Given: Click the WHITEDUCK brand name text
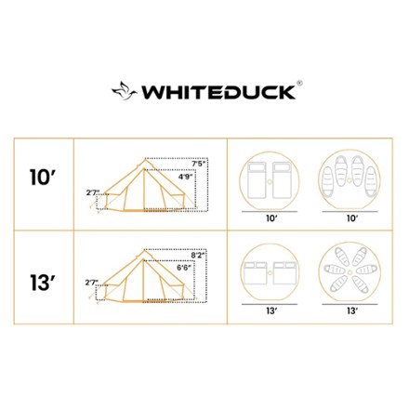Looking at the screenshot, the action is pos(218,92).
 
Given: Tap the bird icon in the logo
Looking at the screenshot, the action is pos(125,90).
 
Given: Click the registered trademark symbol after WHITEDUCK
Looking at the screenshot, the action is pos(299,83).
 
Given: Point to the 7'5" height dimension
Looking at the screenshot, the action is pos(199,164).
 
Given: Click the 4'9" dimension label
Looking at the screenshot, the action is pos(185,177).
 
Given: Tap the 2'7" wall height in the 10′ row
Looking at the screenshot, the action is pos(92,192).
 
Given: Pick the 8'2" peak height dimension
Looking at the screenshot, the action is pos(198,256).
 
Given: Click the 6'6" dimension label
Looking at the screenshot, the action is pos(184,268).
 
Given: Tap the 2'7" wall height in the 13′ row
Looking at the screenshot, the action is pos(91,283).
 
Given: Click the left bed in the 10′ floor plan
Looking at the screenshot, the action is pos(257,181).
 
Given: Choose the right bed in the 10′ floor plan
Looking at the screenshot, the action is pos(282,181).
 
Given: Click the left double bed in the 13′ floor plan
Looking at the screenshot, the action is pos(256,273).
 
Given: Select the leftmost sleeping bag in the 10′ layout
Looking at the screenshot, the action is pos(328,182).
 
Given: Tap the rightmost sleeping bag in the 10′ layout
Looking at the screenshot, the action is pos(371,181).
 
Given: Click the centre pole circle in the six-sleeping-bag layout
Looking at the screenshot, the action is pos(350,271).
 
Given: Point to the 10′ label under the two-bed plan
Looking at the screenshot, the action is pos(271,218).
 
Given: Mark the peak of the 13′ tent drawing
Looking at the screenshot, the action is pos(143,250).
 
